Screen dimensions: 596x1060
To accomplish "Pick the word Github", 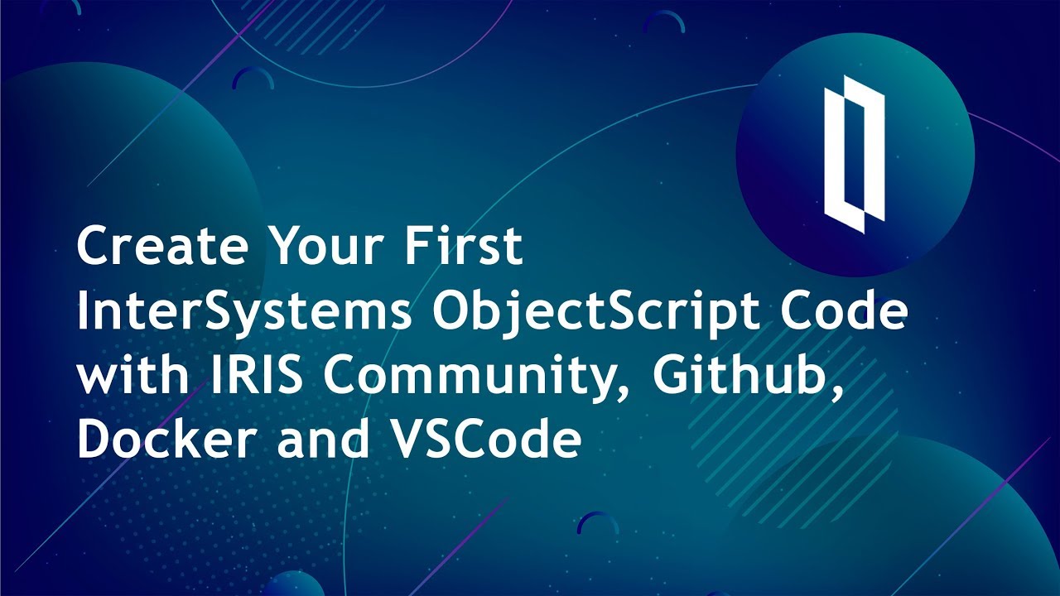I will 738,377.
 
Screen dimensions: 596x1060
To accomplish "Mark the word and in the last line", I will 323,440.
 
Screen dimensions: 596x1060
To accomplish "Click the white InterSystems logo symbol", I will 854,153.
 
